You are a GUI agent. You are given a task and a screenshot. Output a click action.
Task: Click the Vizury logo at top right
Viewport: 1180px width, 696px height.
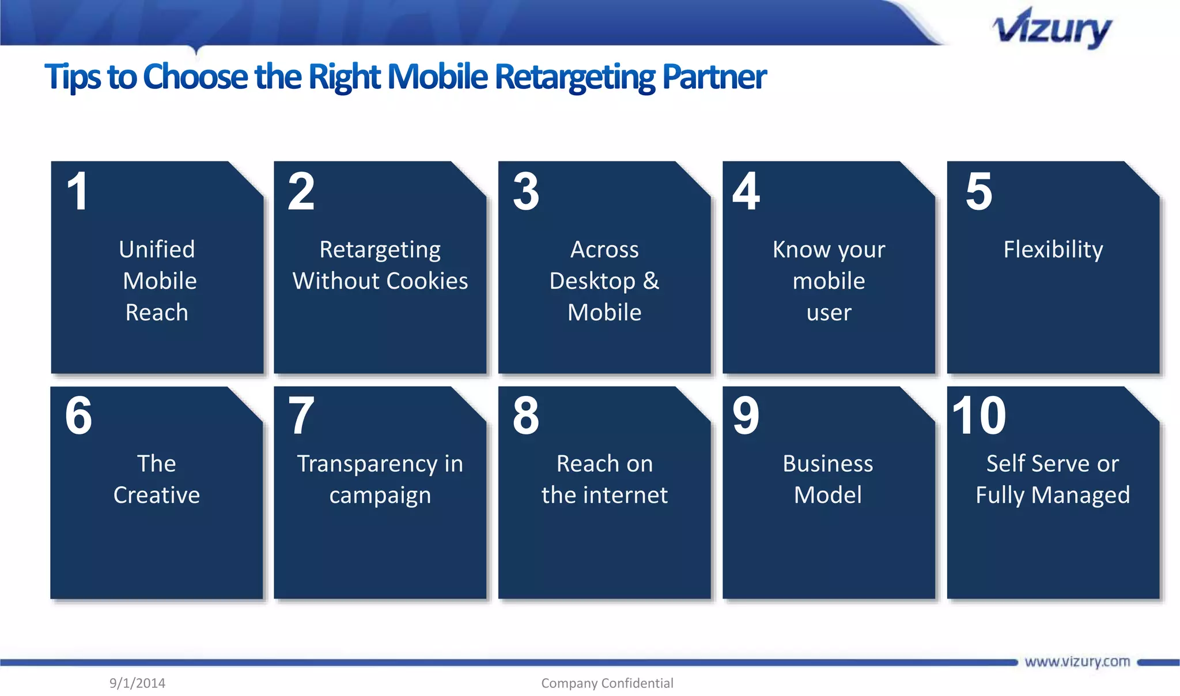coord(1052,29)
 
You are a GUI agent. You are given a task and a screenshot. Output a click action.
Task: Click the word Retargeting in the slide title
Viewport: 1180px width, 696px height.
coord(574,77)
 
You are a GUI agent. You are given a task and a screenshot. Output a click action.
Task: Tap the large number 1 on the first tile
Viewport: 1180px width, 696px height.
coord(78,192)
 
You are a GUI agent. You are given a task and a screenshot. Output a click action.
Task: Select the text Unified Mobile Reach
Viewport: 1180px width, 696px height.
coord(157,281)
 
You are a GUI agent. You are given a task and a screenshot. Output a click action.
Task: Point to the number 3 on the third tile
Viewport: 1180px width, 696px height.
coord(526,192)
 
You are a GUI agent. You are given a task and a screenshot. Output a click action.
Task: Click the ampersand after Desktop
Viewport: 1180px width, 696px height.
coord(651,281)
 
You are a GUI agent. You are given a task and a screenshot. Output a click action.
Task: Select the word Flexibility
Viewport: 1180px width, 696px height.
coord(1053,250)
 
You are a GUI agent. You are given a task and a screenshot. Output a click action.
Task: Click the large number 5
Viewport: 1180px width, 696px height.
coord(979,192)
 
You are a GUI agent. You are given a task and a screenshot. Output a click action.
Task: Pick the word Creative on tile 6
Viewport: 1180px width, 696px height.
coord(157,495)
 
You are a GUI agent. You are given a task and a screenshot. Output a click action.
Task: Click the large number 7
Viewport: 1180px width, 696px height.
coord(301,416)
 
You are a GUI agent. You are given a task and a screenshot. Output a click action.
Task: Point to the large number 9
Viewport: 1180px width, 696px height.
coord(746,416)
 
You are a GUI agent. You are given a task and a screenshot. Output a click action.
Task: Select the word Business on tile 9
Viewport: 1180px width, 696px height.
coord(827,464)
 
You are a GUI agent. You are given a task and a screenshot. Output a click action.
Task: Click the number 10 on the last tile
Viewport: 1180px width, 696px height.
coord(979,416)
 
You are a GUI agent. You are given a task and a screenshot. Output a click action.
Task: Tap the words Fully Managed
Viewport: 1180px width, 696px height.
coord(1053,495)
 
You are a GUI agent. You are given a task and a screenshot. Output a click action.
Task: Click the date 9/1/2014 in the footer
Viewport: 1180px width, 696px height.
coord(137,683)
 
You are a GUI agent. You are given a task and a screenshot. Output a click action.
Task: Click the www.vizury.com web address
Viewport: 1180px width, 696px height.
coord(1077,661)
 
